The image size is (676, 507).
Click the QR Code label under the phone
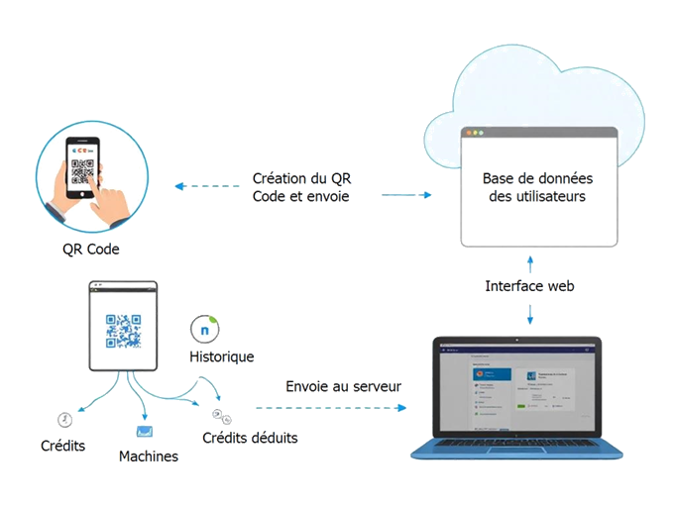90,250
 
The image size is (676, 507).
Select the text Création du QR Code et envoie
302,187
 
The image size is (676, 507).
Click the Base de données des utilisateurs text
537,187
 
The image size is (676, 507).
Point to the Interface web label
530,286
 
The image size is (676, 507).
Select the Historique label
222,356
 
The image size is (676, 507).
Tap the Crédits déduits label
250,437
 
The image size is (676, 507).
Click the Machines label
148,456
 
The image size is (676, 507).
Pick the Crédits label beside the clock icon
62,446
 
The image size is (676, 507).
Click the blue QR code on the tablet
124,331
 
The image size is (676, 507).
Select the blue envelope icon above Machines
145,432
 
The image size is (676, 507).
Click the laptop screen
516,391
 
